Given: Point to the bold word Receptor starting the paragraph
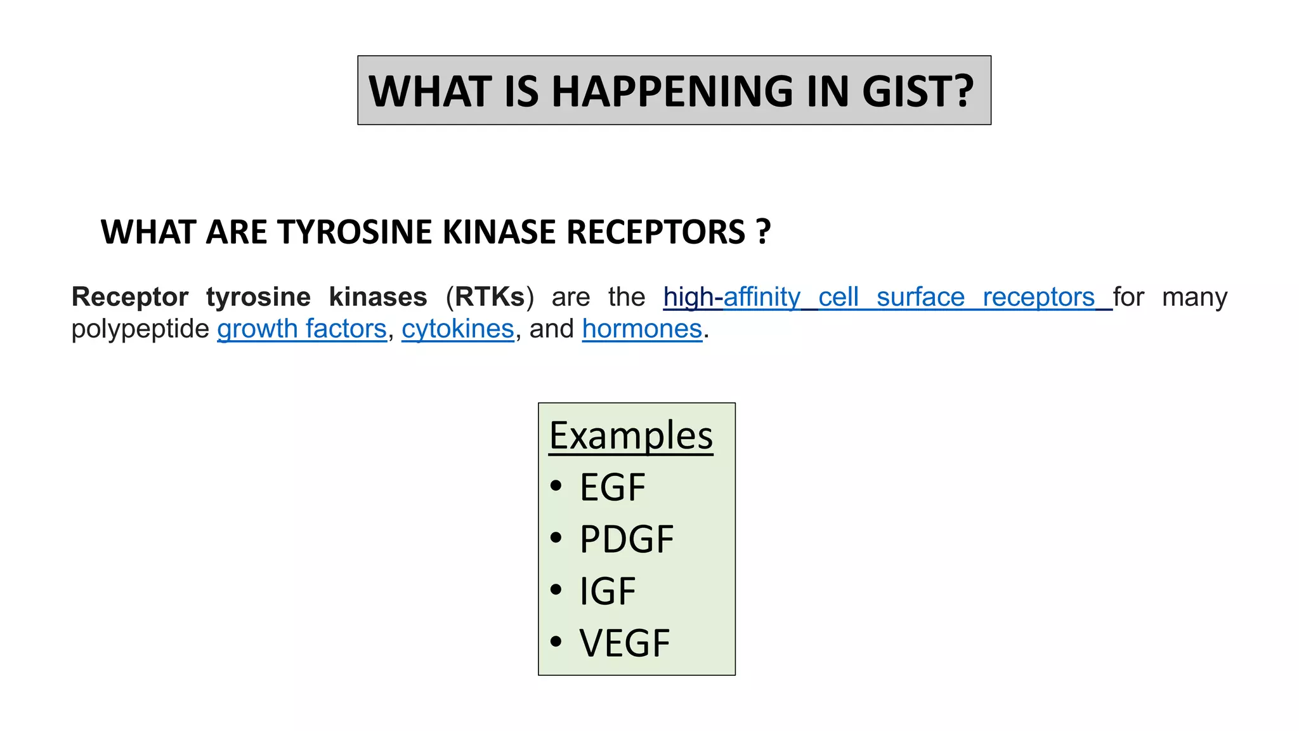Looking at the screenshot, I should pyautogui.click(x=130, y=297).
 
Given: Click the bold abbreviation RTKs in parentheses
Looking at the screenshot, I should pyautogui.click(x=490, y=297).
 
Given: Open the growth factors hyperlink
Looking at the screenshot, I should pyautogui.click(x=302, y=329).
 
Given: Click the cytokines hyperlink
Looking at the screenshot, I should pyautogui.click(x=458, y=329).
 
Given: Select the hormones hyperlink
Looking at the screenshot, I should pyautogui.click(x=642, y=329).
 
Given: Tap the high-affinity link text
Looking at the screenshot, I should pyautogui.click(x=731, y=297).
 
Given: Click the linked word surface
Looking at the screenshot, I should pyautogui.click(x=920, y=297).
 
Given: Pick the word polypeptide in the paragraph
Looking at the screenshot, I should pyautogui.click(x=140, y=329).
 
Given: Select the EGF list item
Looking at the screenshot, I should pyautogui.click(x=612, y=487).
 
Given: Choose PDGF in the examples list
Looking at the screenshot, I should pyautogui.click(x=627, y=539).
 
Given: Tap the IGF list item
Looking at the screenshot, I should pyautogui.click(x=607, y=591).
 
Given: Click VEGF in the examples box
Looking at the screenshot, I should pyautogui.click(x=624, y=643).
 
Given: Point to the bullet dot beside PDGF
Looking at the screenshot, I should pyautogui.click(x=556, y=538).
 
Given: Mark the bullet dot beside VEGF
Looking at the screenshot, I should pyautogui.click(x=556, y=642).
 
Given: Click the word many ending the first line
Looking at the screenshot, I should pyautogui.click(x=1194, y=297).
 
